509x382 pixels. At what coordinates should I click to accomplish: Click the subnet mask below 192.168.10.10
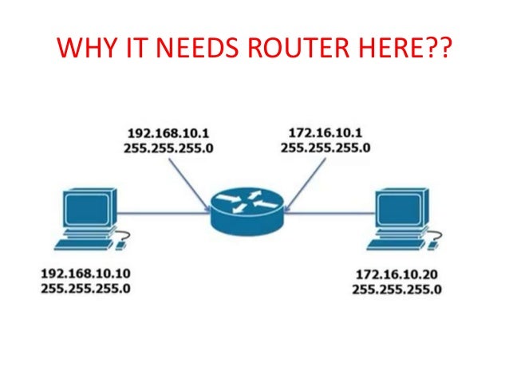(85, 286)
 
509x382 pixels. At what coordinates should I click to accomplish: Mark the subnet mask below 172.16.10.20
(397, 289)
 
